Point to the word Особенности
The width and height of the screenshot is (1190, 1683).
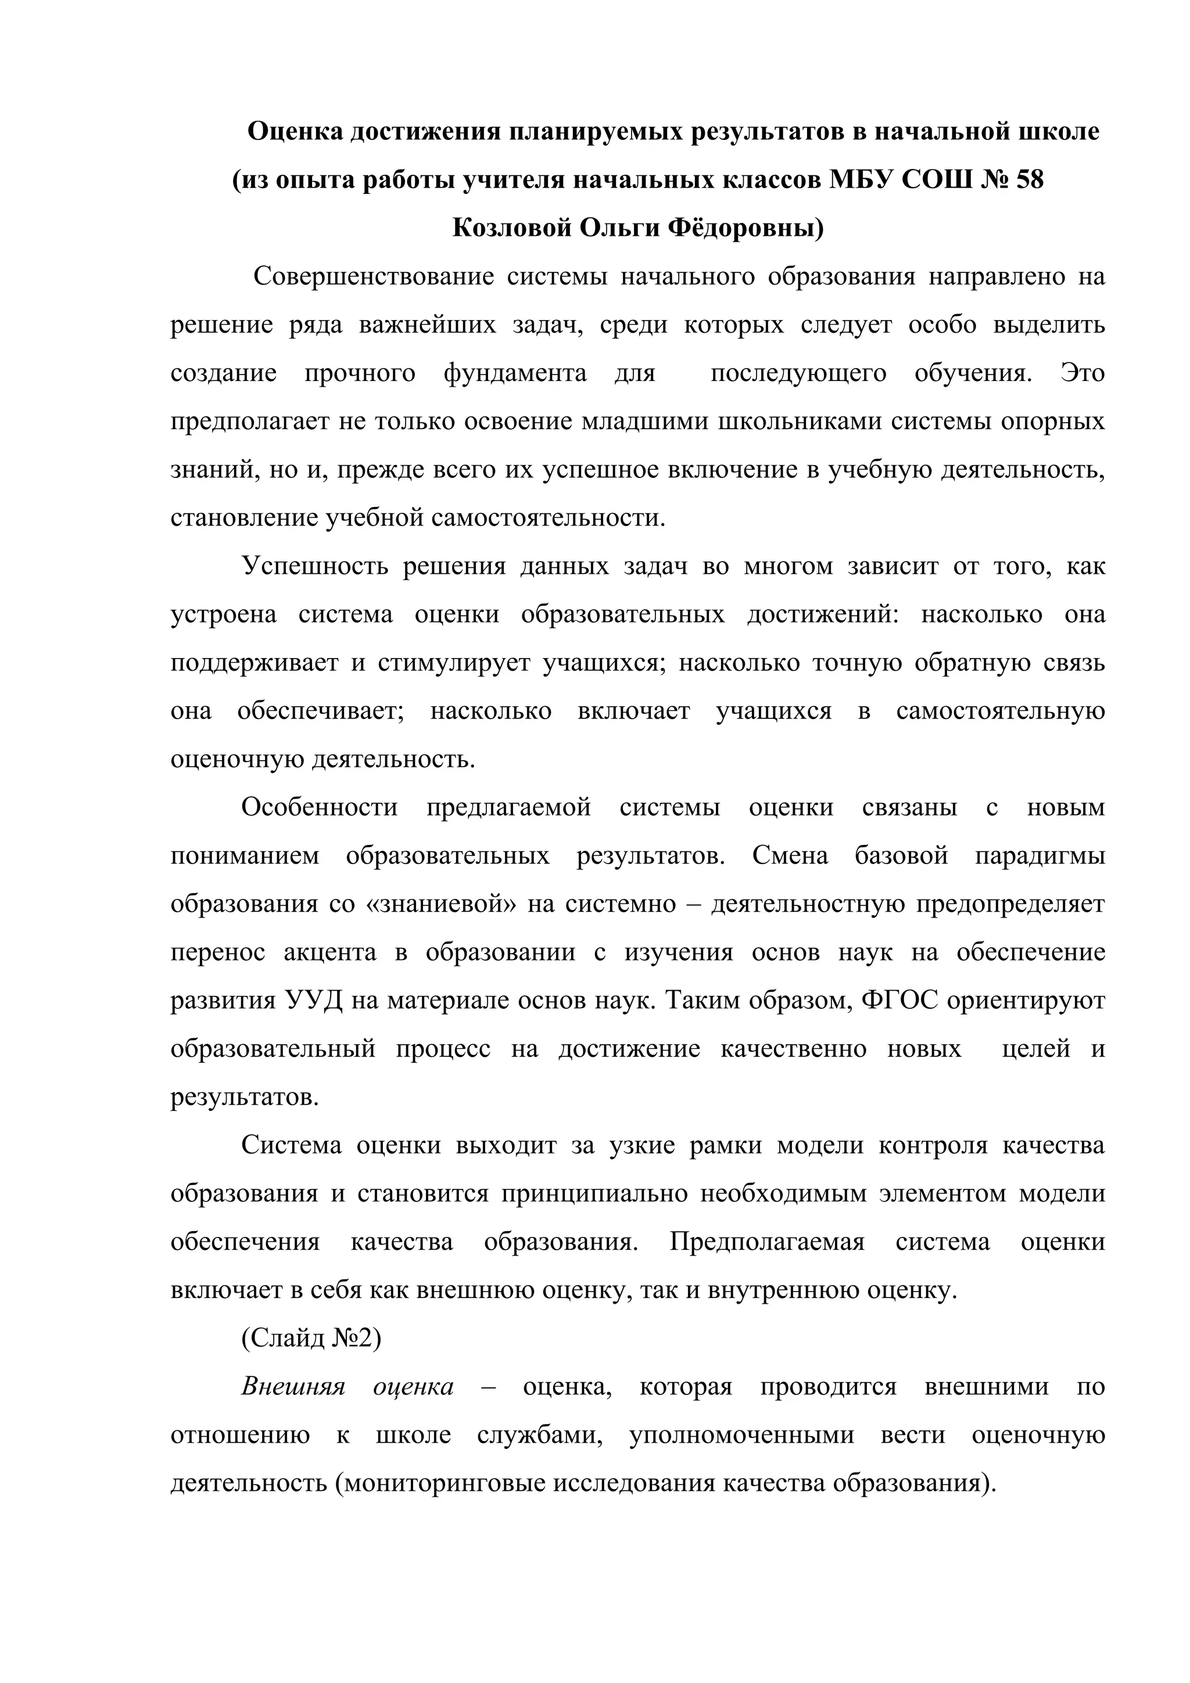320,808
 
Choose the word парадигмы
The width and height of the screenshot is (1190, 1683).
1040,856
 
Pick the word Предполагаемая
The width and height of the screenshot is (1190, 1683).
767,1242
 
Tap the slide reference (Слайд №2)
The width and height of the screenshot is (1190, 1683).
311,1339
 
